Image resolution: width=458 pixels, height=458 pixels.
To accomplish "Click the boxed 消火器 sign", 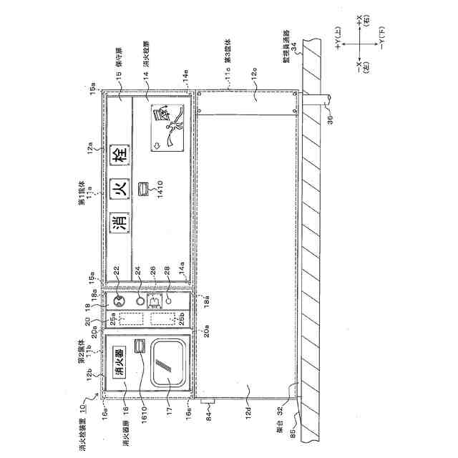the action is point(120,362).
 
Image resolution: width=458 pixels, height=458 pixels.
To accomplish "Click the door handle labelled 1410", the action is point(144,189).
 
